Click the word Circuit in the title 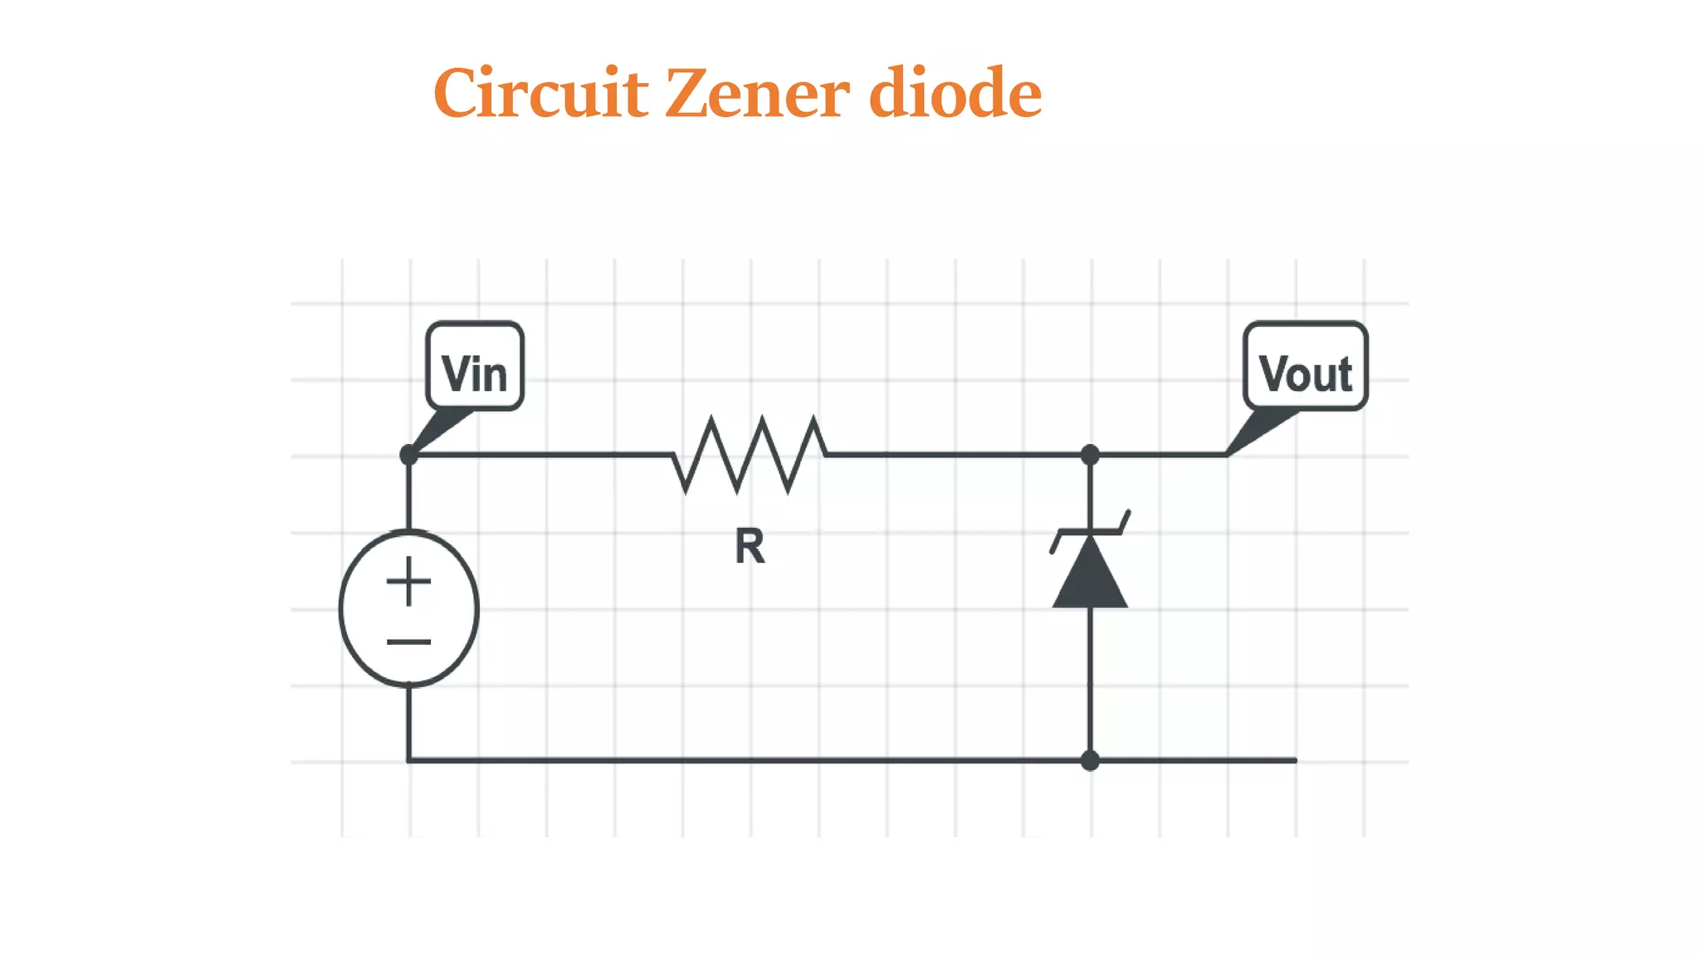tap(540, 93)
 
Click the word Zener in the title tap(757, 93)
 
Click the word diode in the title tap(955, 93)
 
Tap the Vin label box tap(474, 367)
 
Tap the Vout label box tap(1305, 367)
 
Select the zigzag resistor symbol tap(750, 455)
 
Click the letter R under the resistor tap(750, 547)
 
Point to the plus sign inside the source tap(408, 581)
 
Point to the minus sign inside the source tap(408, 641)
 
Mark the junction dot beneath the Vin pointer tap(408, 455)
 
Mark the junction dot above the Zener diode tap(1090, 455)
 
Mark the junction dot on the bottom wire tap(1090, 760)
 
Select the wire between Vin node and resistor tap(540, 455)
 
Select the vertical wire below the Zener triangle tap(1090, 680)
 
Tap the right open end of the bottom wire tap(1293, 760)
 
